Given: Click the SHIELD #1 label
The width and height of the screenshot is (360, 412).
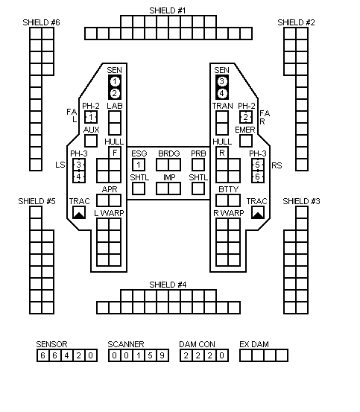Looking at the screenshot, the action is tap(168, 10).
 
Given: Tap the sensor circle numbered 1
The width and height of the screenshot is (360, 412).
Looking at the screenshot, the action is tap(115, 81).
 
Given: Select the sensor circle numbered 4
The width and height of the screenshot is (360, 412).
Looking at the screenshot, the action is tap(222, 93).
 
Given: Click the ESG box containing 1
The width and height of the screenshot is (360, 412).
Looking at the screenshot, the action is tap(139, 165).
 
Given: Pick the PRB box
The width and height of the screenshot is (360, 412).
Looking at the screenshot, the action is tap(198, 165).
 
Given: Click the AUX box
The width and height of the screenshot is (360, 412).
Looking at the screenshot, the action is tap(91, 141).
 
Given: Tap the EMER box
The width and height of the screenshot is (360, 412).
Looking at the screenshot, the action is tap(246, 141).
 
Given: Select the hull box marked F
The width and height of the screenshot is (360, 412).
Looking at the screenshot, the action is tap(115, 153).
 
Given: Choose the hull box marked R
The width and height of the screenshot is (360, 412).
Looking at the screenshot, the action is tap(222, 153).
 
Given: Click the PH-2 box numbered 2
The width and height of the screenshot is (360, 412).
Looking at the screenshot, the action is tap(246, 117).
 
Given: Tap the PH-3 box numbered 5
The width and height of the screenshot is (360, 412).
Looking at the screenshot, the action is tap(258, 165).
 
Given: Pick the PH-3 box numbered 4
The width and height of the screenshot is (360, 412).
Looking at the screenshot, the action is tap(79, 177).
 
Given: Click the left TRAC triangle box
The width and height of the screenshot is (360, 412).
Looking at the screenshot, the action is tap(79, 212).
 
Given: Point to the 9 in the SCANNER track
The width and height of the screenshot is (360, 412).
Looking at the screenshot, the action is tap(162, 355).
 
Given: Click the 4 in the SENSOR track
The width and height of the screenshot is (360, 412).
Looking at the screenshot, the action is tap(67, 355).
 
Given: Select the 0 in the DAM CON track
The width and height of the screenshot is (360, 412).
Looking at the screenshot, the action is tap(222, 355).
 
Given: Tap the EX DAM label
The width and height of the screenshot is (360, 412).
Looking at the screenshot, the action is tap(254, 344).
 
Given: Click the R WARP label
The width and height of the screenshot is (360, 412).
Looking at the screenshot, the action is tap(229, 213).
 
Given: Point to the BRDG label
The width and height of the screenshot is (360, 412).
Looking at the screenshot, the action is tap(169, 153).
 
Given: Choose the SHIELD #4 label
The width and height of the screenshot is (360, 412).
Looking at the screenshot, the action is tap(168, 285).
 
